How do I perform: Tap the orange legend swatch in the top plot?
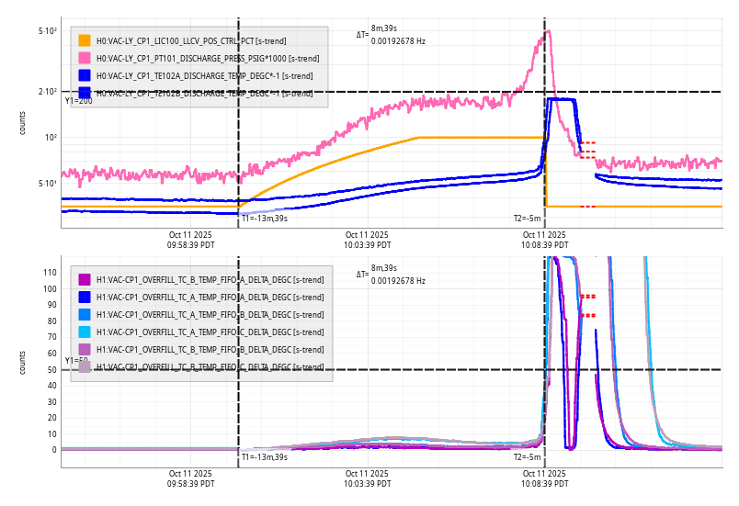click(85, 40)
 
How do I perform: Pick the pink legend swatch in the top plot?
click(85, 58)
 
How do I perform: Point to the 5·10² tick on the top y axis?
click(48, 31)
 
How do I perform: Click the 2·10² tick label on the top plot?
click(48, 92)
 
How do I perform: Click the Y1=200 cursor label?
click(79, 101)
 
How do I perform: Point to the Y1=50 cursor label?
click(77, 361)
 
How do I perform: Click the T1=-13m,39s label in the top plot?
click(265, 219)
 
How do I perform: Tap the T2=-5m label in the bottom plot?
click(527, 456)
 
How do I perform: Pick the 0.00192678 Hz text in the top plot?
click(398, 41)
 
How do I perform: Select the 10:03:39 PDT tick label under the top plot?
click(368, 245)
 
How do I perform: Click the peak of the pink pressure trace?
click(548, 31)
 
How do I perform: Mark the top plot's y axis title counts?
click(23, 123)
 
